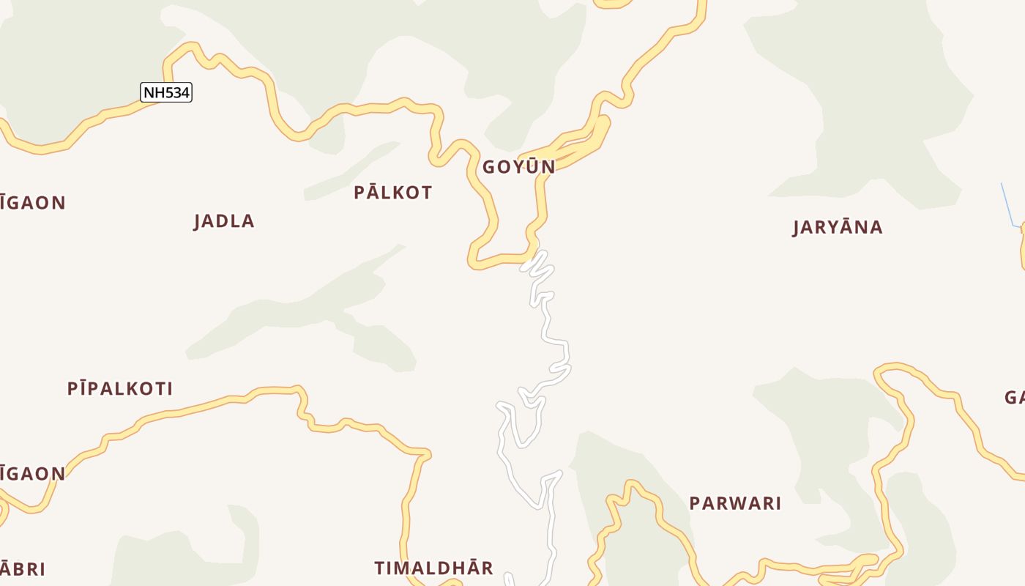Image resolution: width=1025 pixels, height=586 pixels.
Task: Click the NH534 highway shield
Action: click(x=166, y=93)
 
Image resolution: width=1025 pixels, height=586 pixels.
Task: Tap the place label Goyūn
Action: click(x=518, y=167)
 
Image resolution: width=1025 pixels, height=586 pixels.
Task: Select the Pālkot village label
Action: click(x=393, y=193)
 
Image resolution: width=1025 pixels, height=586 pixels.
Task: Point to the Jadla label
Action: click(x=224, y=221)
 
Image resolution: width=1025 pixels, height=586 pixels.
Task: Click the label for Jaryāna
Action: click(x=838, y=227)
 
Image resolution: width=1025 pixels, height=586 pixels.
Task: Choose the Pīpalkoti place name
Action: click(x=120, y=389)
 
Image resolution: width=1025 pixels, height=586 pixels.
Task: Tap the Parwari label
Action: click(x=735, y=503)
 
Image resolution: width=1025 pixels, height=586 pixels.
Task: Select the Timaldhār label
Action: click(x=433, y=568)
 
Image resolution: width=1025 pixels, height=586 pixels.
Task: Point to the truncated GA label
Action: click(x=1015, y=398)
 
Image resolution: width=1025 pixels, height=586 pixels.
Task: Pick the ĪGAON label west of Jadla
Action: click(x=32, y=203)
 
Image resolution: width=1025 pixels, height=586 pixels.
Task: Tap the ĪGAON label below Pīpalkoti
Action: click(x=32, y=474)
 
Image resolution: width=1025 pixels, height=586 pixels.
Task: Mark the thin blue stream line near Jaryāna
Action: click(x=1007, y=205)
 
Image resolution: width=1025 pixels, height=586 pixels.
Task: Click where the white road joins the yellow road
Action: click(x=532, y=256)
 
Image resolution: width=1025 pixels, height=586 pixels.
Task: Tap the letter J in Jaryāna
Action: click(x=797, y=228)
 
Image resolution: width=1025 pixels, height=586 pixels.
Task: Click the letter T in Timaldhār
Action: click(x=380, y=568)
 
